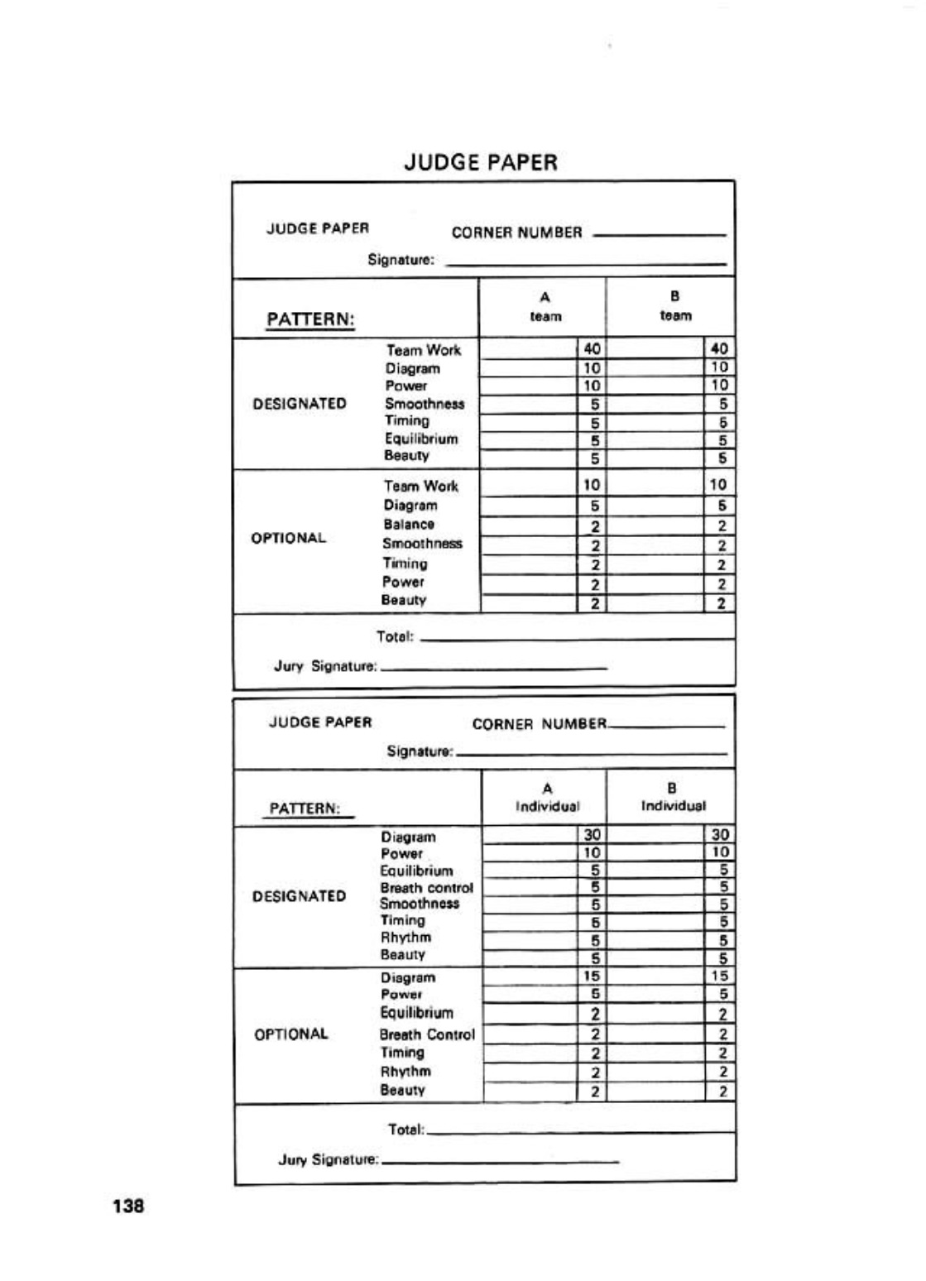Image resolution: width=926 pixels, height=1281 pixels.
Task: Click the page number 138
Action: pos(128,1206)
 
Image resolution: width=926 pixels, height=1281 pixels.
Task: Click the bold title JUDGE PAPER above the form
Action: pos(480,162)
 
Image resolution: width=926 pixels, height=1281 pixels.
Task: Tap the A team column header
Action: pos(545,306)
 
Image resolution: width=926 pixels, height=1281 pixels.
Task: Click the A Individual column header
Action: pos(547,798)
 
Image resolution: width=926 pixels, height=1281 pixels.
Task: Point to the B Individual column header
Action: pos(673,797)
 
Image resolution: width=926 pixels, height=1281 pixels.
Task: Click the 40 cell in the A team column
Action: pos(592,349)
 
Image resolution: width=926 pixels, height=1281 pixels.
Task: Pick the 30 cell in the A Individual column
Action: pos(592,835)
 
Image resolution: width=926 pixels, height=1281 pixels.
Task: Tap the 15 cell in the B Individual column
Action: pos(719,976)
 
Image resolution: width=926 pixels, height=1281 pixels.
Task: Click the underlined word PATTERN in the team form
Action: pos(310,319)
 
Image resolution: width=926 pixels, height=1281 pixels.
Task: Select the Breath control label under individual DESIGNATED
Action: pos(426,887)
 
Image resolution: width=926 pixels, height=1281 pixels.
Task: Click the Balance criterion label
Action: pos(409,524)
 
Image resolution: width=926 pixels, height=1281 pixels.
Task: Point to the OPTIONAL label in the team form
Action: pos(289,538)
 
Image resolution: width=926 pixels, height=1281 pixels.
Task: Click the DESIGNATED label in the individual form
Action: pos(299,896)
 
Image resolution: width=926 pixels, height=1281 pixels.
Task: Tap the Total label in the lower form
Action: pos(405,1130)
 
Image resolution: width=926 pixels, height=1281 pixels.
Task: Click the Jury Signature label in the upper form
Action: pos(325,666)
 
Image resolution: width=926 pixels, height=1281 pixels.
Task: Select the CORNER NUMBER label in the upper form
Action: pos(516,233)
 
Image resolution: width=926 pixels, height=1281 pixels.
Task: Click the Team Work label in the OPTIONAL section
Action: pos(420,486)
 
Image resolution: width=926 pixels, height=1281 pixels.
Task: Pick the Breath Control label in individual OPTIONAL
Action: pos(427,1034)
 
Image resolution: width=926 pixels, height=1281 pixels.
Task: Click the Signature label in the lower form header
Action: pos(420,751)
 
